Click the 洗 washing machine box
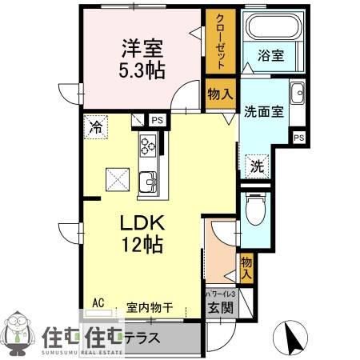[x=257, y=167]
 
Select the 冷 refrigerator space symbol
[x=96, y=126]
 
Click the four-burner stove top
[x=149, y=146]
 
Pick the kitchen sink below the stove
[x=148, y=183]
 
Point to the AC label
[x=99, y=302]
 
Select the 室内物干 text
[x=150, y=306]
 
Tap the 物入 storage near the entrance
[x=246, y=266]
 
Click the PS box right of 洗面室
[x=299, y=138]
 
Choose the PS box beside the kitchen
[x=157, y=120]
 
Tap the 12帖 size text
[x=142, y=243]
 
